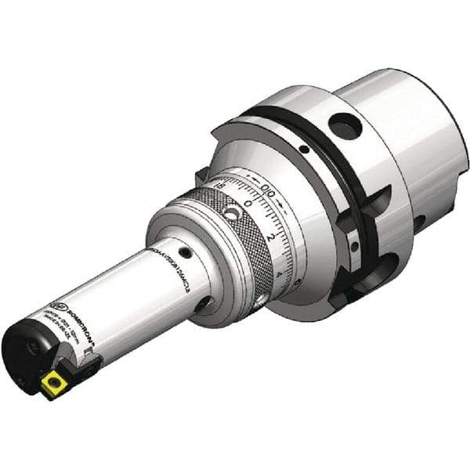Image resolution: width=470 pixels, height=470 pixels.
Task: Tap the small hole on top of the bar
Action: click(186, 253)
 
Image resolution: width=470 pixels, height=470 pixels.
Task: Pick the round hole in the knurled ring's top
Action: click(232, 213)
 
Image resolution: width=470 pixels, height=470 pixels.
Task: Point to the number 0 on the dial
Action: click(248, 203)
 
